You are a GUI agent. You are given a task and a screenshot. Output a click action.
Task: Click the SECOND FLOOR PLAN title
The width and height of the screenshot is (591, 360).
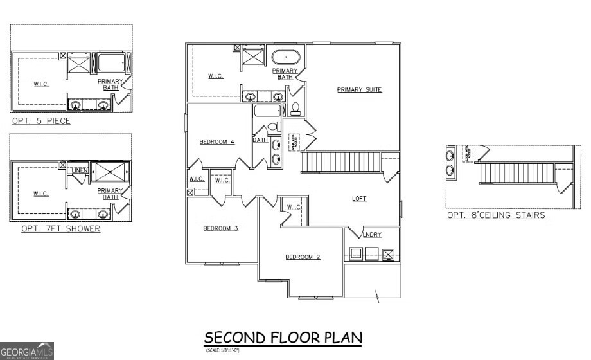pos(283,337)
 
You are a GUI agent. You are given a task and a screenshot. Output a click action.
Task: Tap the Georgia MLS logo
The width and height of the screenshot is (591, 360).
pos(27,350)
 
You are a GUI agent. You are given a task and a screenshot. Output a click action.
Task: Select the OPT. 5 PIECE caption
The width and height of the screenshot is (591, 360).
pos(41,121)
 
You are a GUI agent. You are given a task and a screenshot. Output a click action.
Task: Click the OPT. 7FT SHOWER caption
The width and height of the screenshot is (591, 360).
pos(60,228)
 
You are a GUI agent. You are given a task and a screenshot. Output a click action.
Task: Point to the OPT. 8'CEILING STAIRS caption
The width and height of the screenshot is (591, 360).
pos(496,215)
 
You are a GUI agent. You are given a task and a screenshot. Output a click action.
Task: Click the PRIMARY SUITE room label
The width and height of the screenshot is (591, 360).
pos(360,90)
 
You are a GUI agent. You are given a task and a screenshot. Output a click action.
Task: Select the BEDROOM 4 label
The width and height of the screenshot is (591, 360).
pos(216,142)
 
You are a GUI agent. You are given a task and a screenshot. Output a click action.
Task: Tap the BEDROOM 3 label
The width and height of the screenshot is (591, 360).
pos(221,228)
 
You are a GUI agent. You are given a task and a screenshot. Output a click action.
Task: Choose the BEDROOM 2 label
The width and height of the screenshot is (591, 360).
pos(303,257)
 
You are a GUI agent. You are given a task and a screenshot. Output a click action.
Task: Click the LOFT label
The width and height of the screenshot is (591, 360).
pos(359,199)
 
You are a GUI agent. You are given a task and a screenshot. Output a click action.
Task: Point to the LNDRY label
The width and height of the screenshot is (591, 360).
pos(373,235)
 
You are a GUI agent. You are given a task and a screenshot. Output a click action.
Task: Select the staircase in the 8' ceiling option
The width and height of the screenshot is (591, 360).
pos(517,172)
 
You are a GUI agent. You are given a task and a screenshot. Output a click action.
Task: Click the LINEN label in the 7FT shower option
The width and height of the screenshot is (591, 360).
pos(80,170)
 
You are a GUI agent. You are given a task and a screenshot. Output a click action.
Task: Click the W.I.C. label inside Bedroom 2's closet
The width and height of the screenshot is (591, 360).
pos(294,207)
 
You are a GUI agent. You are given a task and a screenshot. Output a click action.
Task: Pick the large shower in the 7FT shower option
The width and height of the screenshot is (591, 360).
pos(110,174)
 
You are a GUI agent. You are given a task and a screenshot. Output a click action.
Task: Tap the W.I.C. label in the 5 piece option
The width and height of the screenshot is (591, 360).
pos(41,84)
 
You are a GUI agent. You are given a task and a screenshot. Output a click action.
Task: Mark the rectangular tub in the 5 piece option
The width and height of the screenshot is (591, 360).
pos(112,64)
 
